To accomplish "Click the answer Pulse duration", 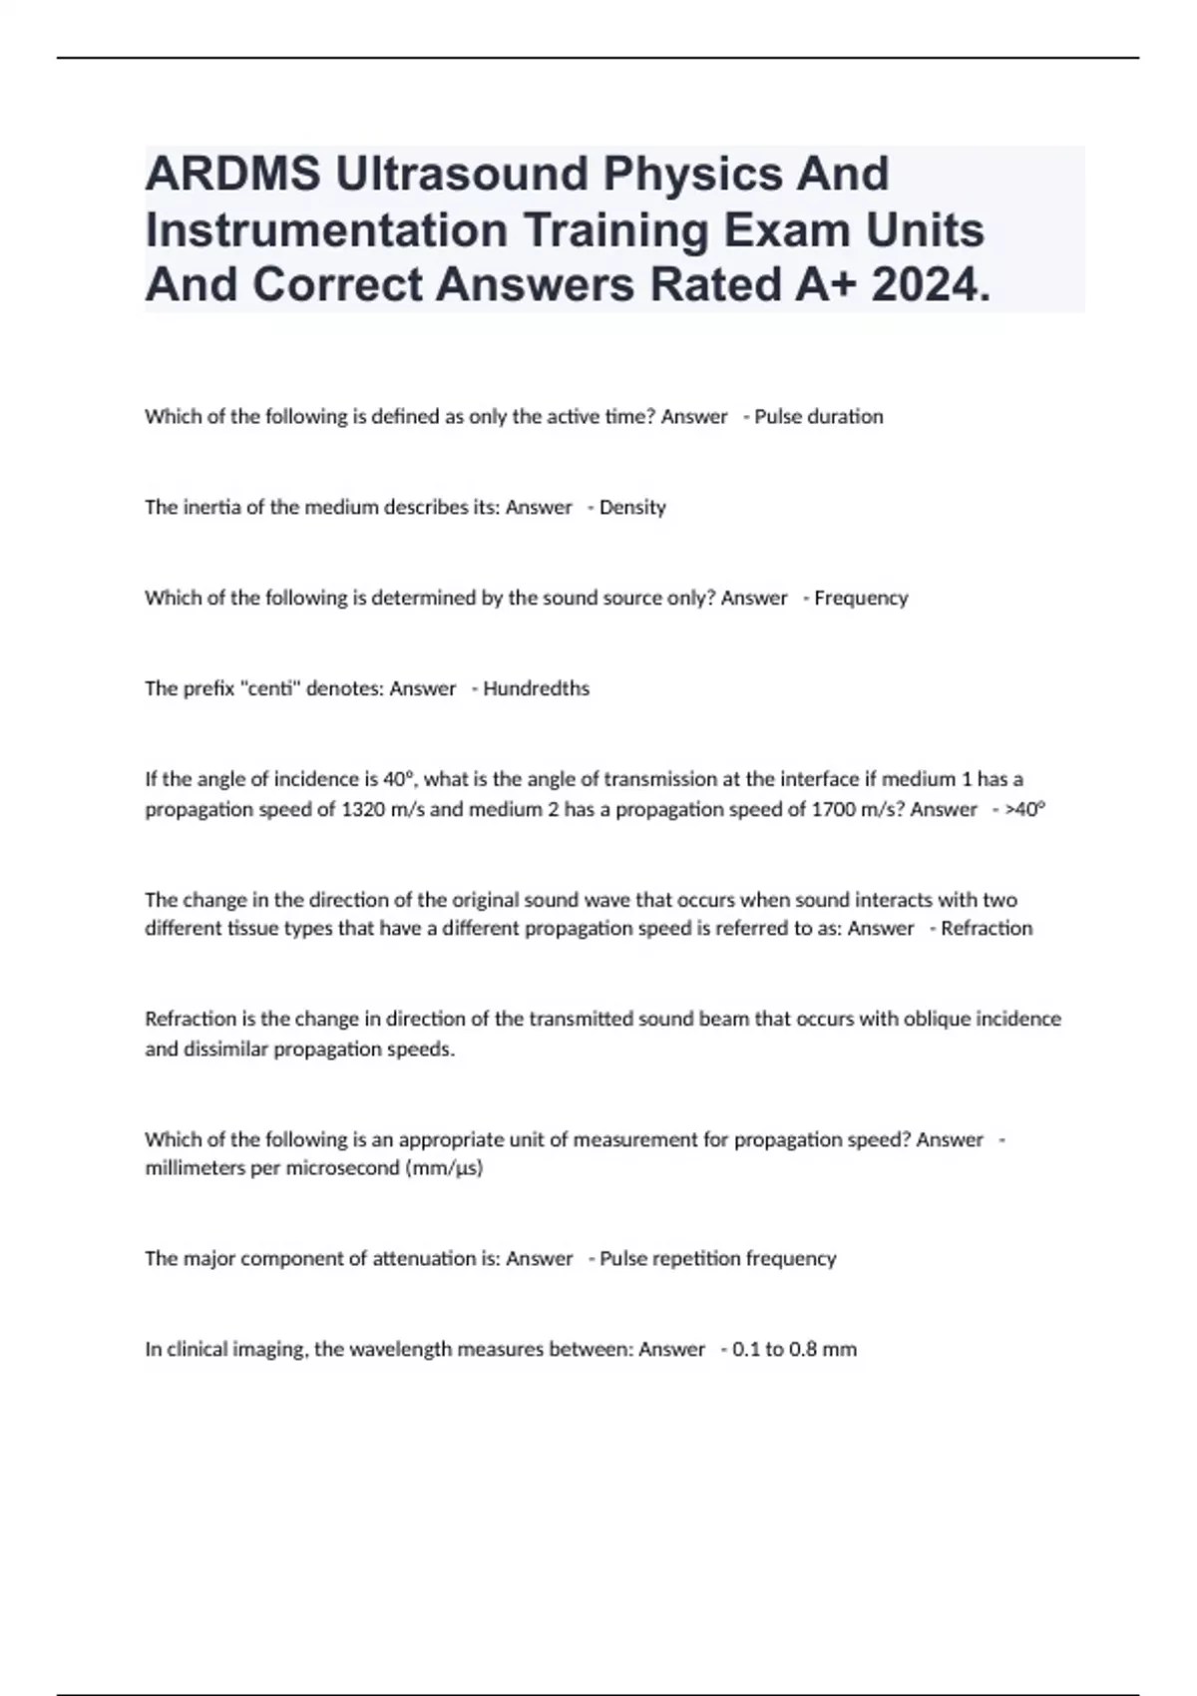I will click(819, 417).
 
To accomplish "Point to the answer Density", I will click(632, 508).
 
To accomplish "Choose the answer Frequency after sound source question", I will click(861, 599).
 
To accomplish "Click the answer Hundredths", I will click(537, 689).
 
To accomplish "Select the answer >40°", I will click(1025, 809).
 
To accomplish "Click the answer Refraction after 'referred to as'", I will click(987, 929).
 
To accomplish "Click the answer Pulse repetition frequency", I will click(718, 1259).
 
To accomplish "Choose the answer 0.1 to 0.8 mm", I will click(794, 1350).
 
